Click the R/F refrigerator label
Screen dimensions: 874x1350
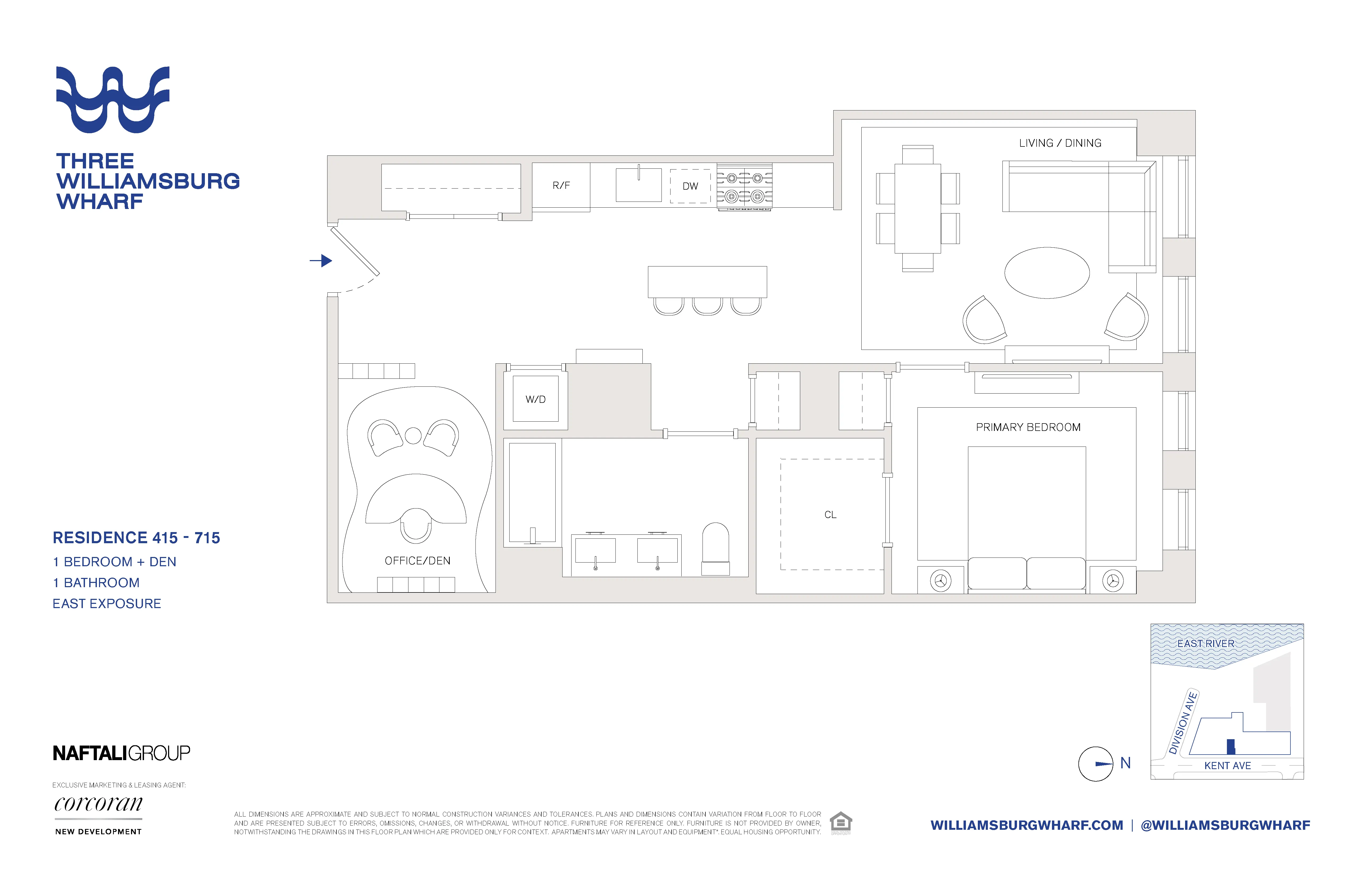(x=561, y=186)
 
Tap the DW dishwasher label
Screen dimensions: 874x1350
(x=690, y=186)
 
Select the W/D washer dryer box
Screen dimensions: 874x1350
(x=535, y=399)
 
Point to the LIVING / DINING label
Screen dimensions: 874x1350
(x=1060, y=143)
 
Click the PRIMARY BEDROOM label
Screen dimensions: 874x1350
(x=1028, y=427)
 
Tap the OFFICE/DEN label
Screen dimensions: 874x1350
(x=417, y=561)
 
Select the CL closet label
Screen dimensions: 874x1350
(x=830, y=515)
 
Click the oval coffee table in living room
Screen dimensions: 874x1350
(x=1047, y=273)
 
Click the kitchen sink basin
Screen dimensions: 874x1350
(x=639, y=184)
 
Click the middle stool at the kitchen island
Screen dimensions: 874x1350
(x=707, y=306)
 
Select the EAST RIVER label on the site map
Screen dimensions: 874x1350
(x=1205, y=644)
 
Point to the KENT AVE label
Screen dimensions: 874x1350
(x=1227, y=766)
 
